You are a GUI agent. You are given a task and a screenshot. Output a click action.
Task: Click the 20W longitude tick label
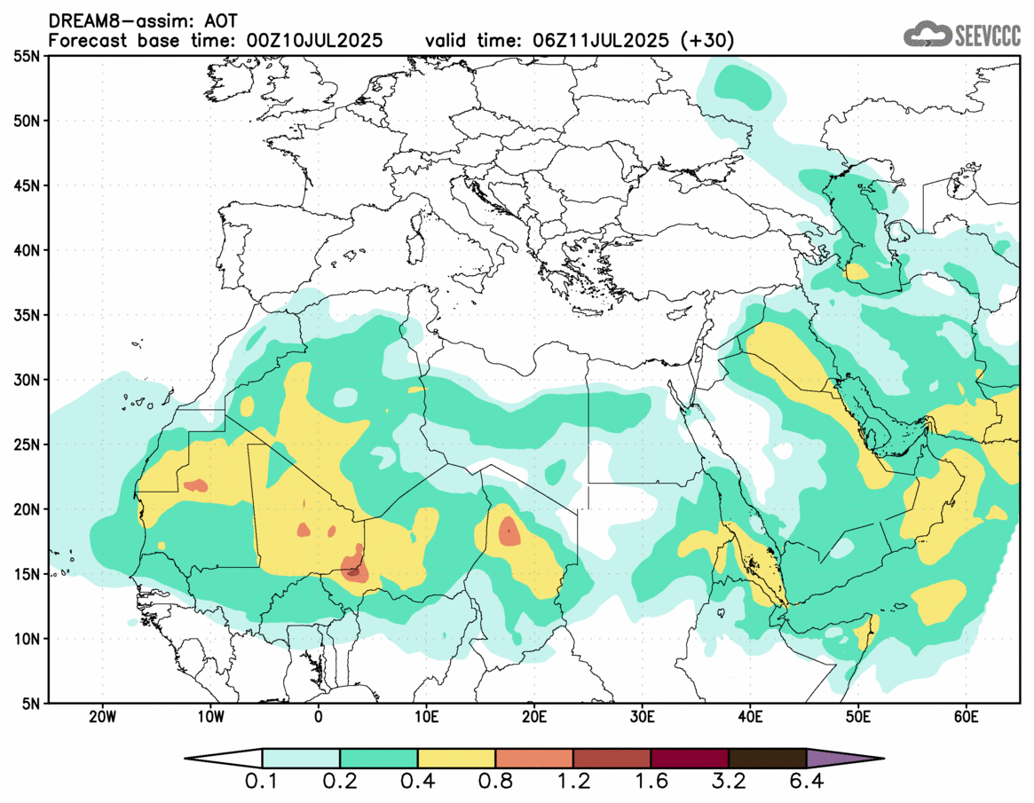[x=102, y=716]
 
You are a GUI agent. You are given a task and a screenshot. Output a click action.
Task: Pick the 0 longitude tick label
[x=318, y=716]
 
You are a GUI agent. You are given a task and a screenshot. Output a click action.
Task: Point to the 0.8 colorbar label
[x=495, y=783]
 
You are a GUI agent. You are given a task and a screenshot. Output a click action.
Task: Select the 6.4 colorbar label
[x=806, y=783]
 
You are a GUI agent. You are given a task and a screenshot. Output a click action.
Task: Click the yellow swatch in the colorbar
[x=456, y=759]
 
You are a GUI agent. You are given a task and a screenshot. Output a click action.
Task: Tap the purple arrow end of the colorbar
[x=843, y=759]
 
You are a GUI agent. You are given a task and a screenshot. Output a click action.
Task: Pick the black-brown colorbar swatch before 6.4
[x=767, y=759]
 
